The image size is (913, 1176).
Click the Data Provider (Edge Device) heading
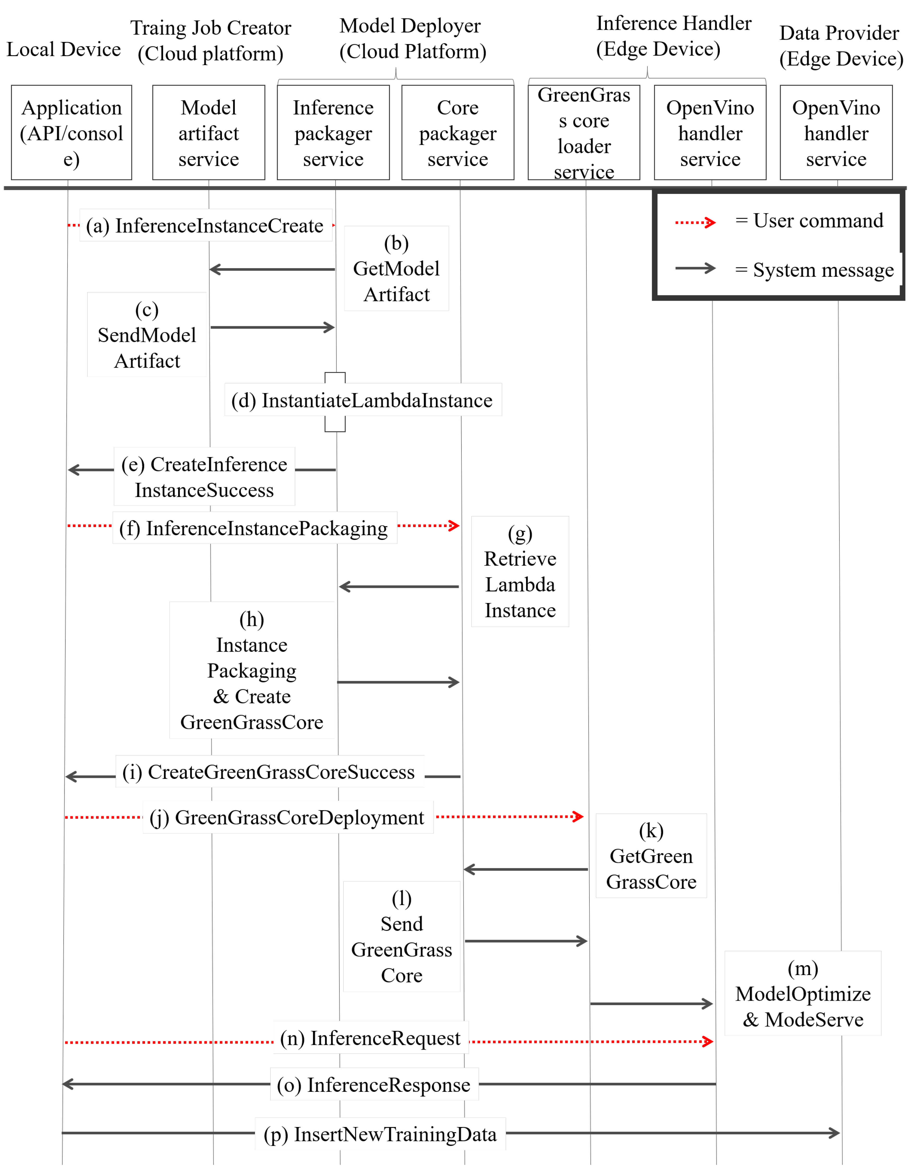coord(840,46)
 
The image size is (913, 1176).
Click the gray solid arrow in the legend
coord(695,268)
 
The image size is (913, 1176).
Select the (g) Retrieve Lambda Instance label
coord(520,572)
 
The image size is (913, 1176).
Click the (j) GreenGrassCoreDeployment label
coord(287,817)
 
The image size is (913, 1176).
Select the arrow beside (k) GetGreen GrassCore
coord(525,869)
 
